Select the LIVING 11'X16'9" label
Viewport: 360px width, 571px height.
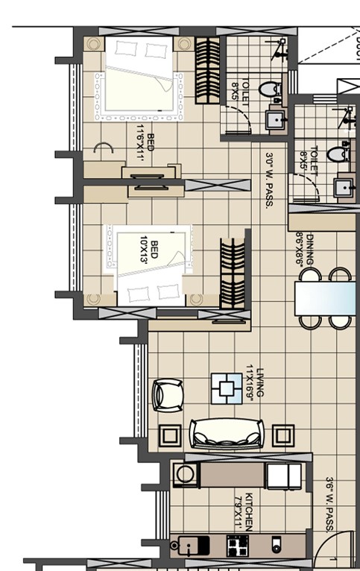coord(256,383)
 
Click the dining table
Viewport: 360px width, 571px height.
coord(326,299)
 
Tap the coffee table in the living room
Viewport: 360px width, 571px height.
coord(225,388)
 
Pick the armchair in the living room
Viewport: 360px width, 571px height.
coord(166,395)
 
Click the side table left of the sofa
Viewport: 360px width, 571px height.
coord(169,435)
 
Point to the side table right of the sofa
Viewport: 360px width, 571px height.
coord(283,435)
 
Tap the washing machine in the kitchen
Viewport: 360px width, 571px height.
coord(185,475)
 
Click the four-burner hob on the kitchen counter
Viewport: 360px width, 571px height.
coord(237,546)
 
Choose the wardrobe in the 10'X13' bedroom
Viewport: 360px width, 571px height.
coord(233,273)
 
